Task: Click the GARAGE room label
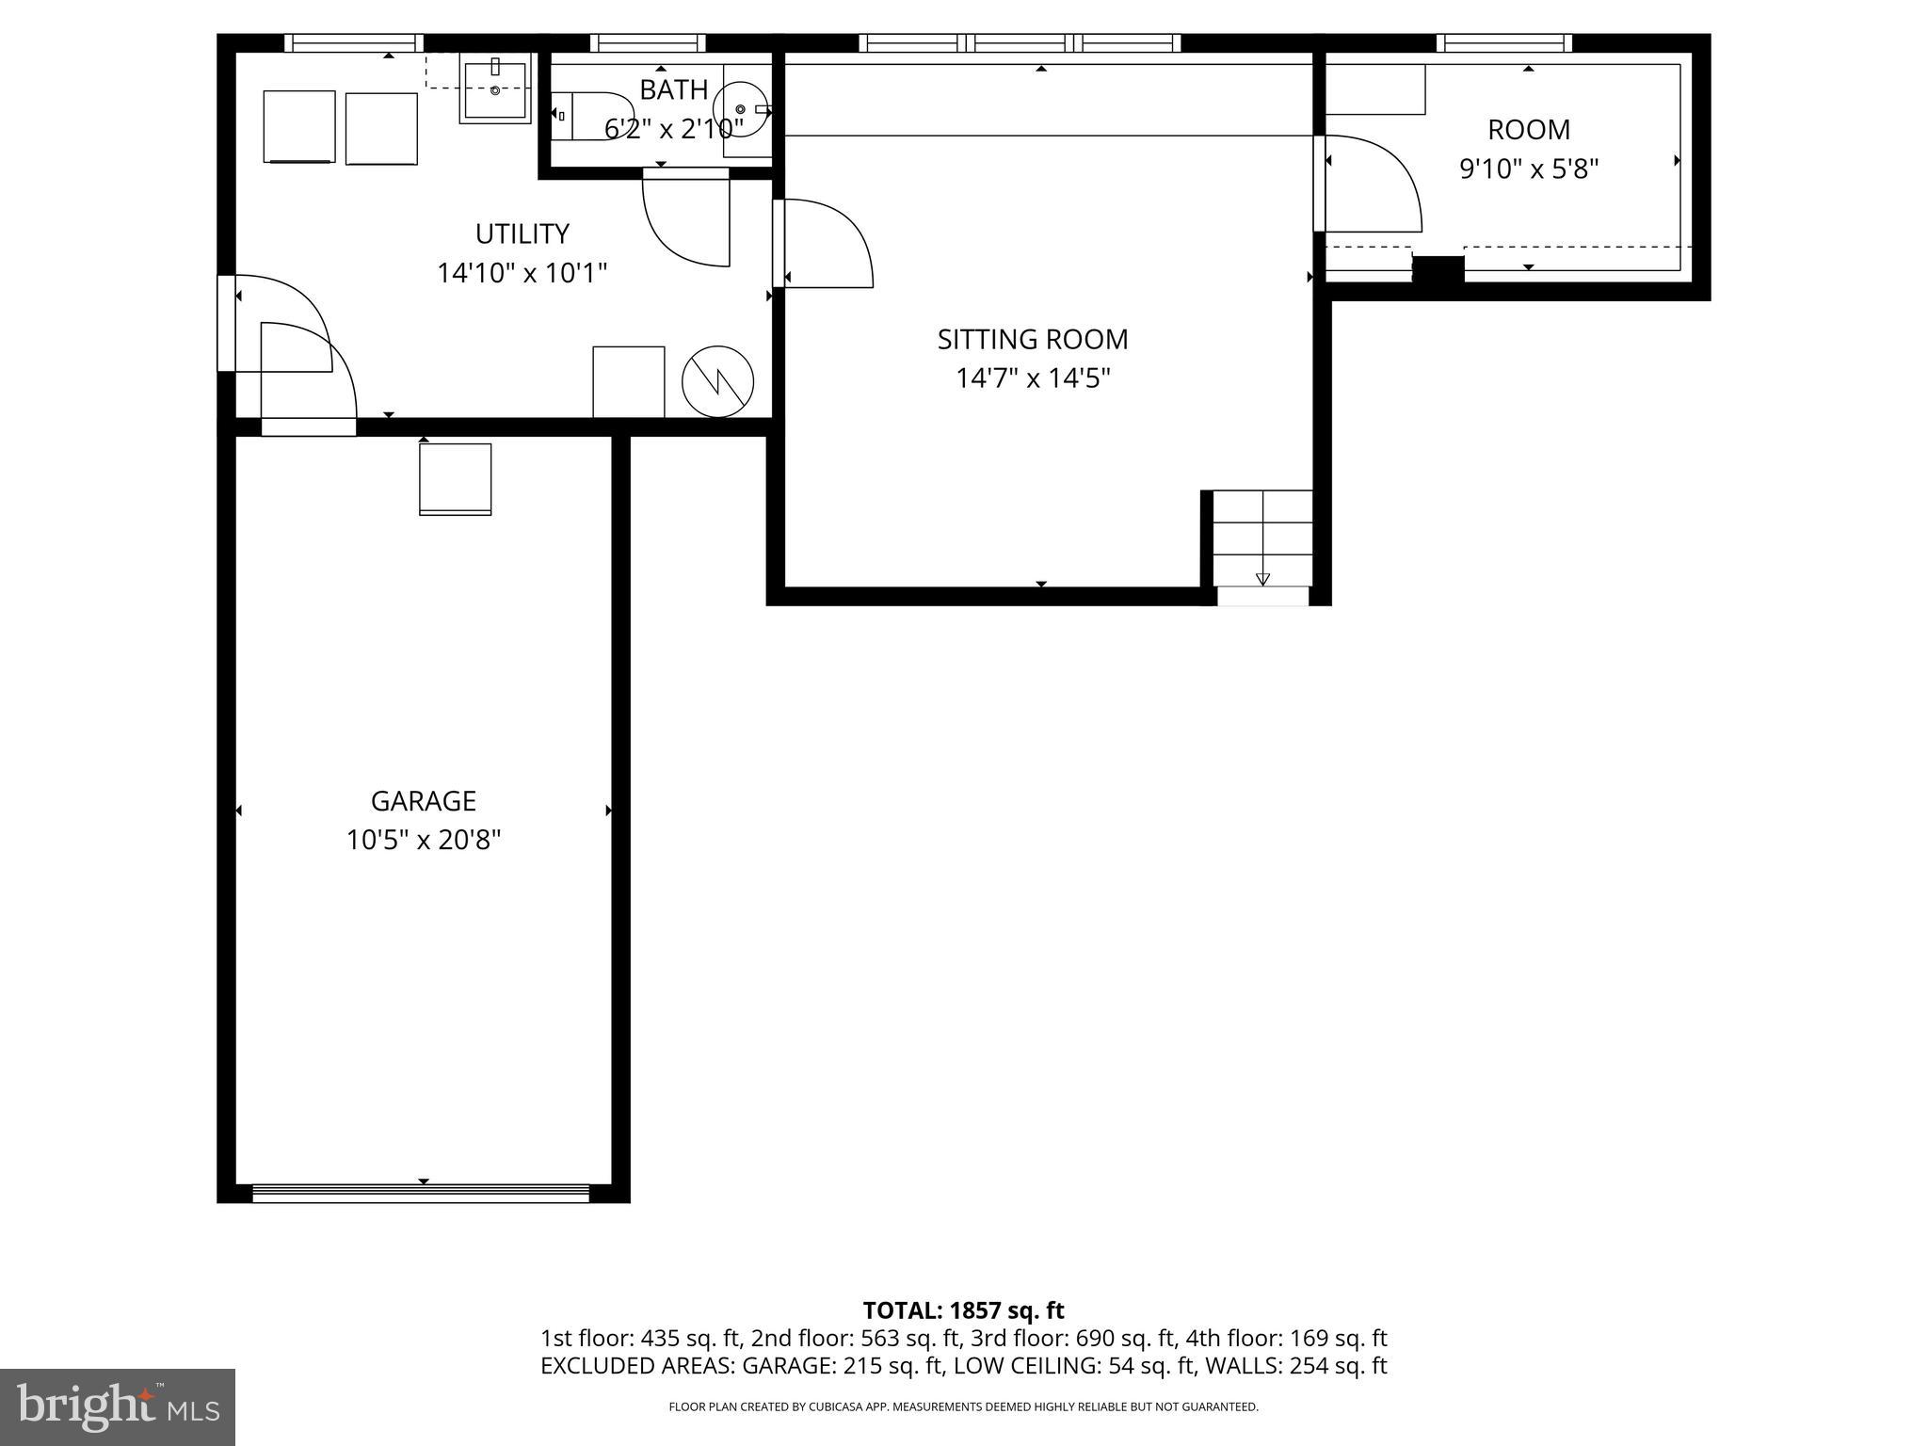click(423, 801)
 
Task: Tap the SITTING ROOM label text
click(1033, 339)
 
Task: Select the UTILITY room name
click(522, 233)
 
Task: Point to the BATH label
click(673, 90)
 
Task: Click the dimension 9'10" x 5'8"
click(1529, 169)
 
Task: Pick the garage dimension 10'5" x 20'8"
click(423, 840)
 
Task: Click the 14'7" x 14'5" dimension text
click(1033, 378)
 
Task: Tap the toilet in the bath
click(593, 116)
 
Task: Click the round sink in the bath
click(741, 109)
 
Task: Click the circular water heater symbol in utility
click(717, 381)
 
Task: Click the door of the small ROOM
click(1370, 184)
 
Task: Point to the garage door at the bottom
click(421, 1193)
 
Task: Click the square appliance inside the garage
click(455, 478)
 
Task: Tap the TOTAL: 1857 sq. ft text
click(963, 1310)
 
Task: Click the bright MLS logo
click(117, 1406)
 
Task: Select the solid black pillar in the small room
click(1438, 268)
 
